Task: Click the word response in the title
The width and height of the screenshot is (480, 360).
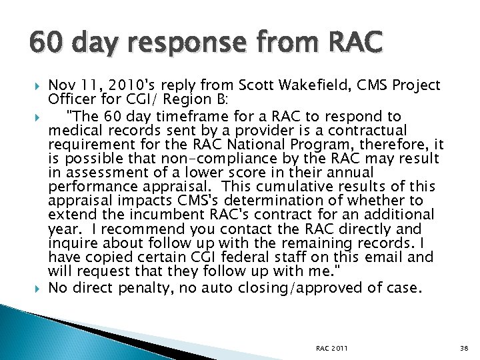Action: coord(200,45)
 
